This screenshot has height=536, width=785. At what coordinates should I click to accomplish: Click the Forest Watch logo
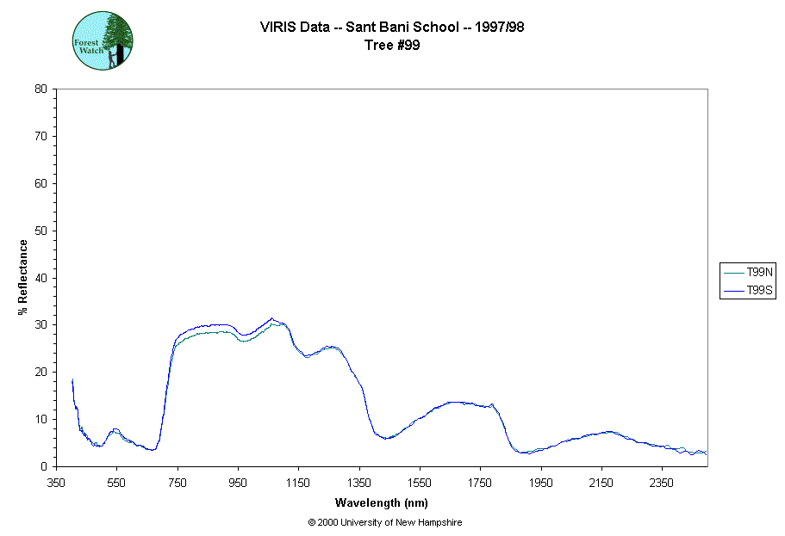click(102, 40)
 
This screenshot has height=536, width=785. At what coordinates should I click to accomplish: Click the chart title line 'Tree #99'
click(392, 45)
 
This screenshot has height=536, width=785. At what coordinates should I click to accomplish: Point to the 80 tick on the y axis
click(40, 89)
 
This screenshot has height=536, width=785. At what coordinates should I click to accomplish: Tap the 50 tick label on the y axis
click(40, 231)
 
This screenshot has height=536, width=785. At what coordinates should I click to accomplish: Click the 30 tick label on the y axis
click(40, 325)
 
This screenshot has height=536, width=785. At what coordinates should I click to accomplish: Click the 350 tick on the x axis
click(57, 484)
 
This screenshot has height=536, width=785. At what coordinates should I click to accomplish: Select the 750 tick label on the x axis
click(178, 484)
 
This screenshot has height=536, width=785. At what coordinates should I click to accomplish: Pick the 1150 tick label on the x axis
click(298, 484)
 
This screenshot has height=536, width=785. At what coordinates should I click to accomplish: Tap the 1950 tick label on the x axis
click(540, 484)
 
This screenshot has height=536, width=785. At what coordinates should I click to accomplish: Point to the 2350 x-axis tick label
click(661, 484)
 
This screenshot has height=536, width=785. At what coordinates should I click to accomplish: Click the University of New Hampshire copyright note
click(385, 522)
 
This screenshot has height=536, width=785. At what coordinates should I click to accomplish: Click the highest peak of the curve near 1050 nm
click(271, 318)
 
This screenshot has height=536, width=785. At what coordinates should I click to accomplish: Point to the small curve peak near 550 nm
click(115, 428)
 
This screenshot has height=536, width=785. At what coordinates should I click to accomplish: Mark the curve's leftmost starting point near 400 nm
click(72, 379)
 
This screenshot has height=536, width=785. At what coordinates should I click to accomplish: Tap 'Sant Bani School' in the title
click(402, 27)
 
